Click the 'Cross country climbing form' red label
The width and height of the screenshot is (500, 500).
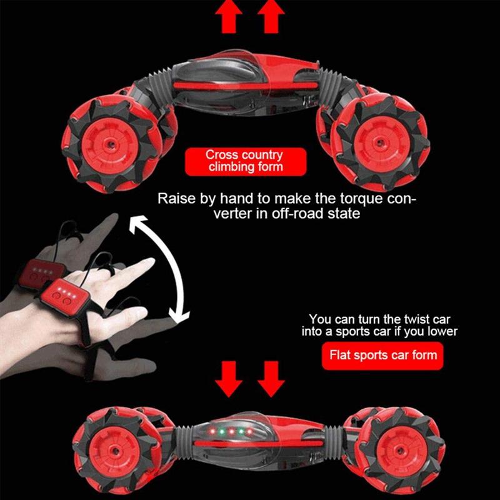coord(246,161)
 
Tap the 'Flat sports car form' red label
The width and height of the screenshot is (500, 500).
coord(383,356)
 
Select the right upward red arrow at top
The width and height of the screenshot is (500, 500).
coord(271,17)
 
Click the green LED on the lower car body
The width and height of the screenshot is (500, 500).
coord(214,432)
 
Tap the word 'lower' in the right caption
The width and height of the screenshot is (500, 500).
coord(441,331)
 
